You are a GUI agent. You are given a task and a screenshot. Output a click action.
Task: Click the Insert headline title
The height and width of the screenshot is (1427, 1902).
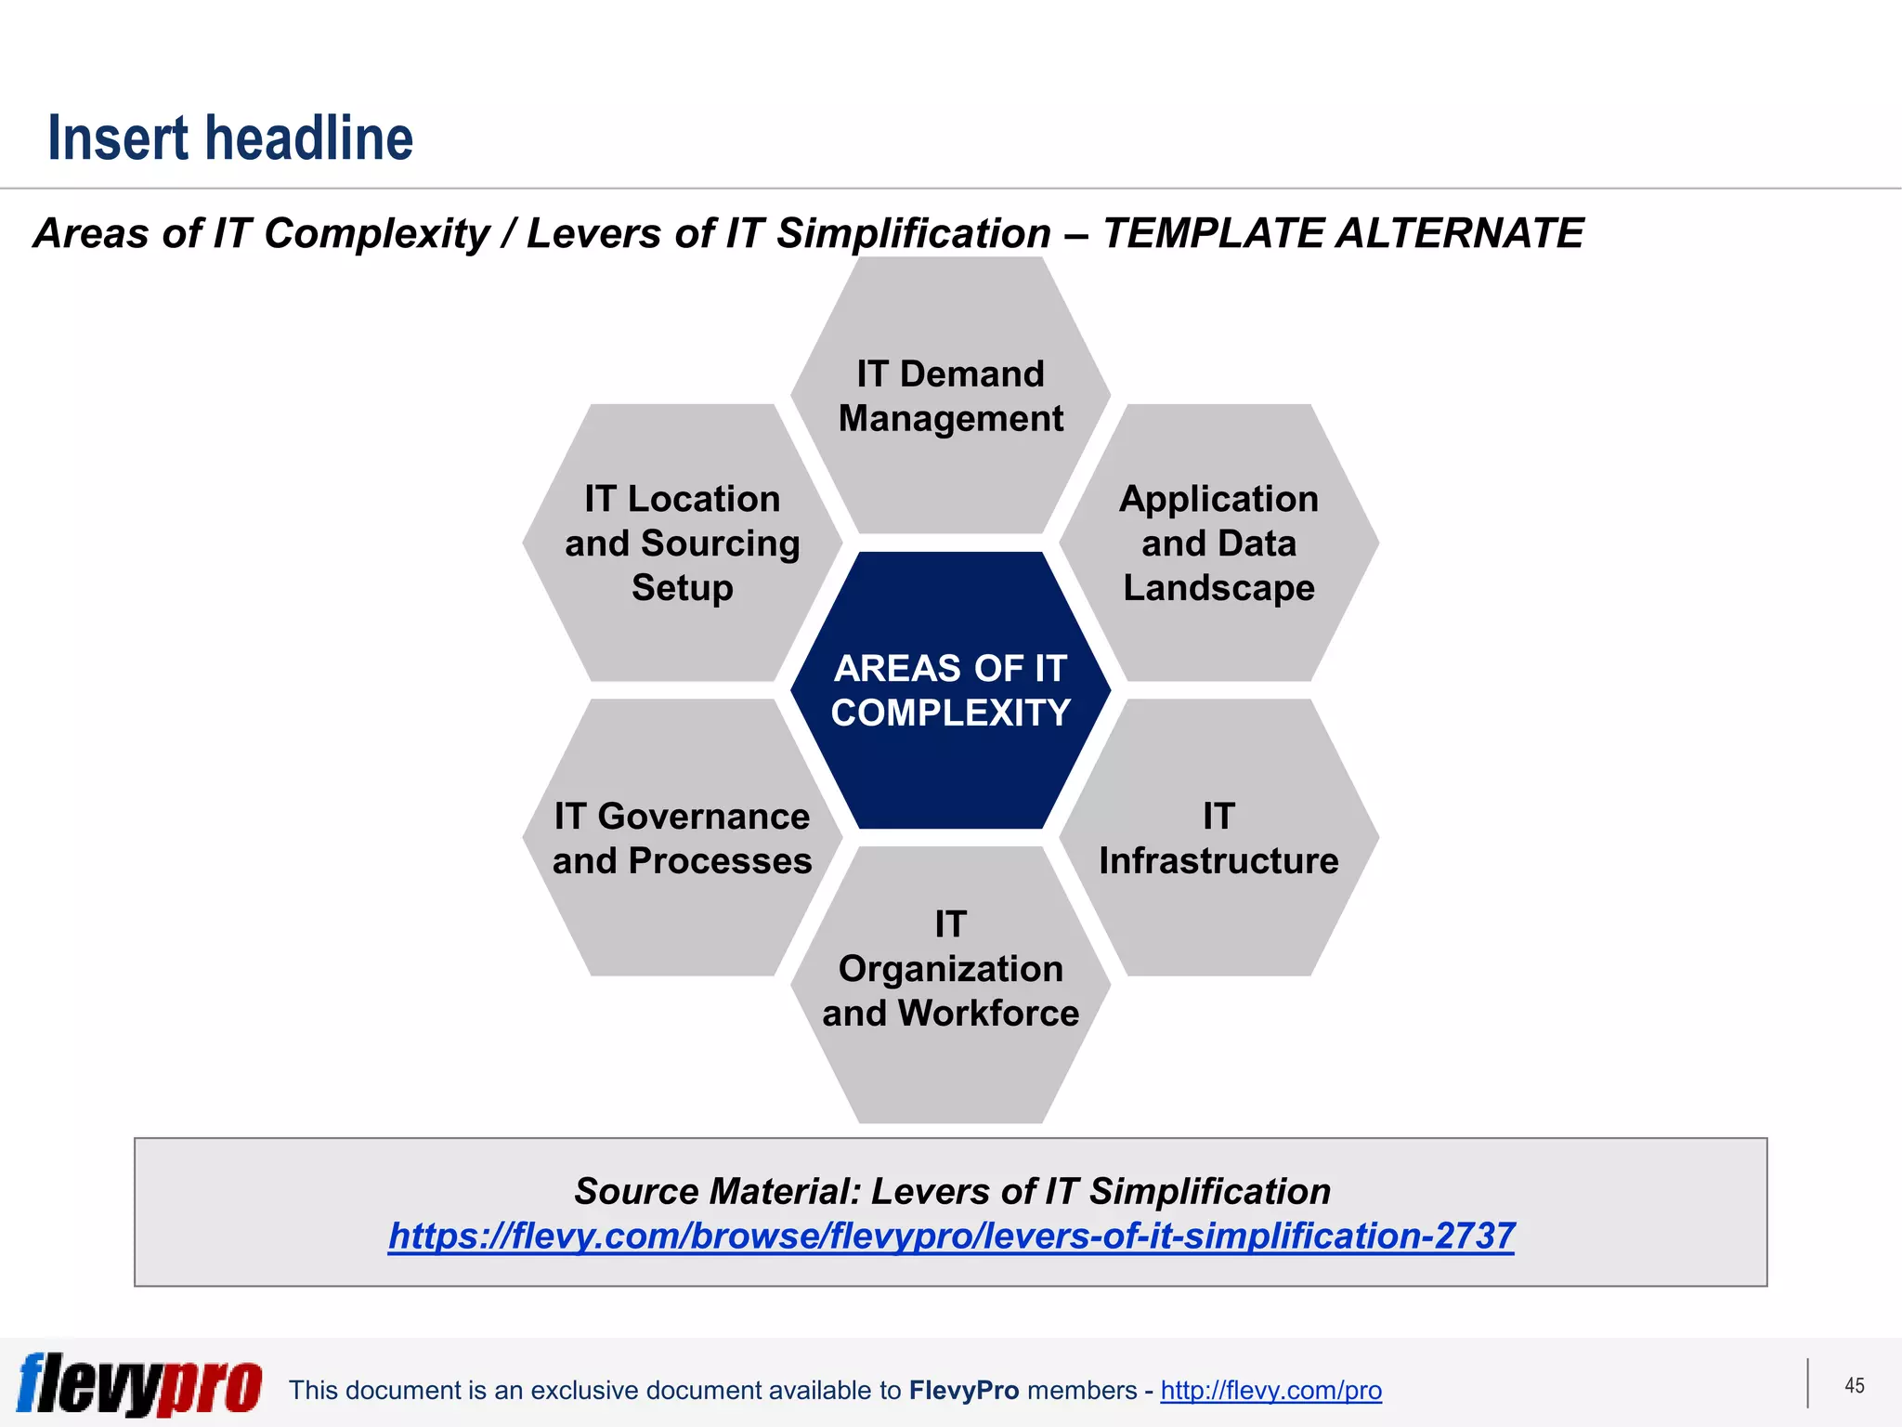230,138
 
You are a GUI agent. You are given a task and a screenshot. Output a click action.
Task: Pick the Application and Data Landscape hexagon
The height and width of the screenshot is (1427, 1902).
1218,543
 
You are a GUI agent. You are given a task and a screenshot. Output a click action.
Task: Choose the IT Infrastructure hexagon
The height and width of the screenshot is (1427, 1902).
1218,839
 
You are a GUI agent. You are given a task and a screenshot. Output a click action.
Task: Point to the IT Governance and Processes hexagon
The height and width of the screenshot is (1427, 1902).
682,839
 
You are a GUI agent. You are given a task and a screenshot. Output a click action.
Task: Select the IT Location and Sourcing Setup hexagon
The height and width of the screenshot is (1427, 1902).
682,543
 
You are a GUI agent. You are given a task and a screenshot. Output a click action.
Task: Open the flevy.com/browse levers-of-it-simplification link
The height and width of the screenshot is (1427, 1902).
950,1237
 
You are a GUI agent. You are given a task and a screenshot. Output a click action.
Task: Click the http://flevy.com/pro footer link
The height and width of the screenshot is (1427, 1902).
1270,1391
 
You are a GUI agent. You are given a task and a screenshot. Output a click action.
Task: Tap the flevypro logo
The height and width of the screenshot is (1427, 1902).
139,1385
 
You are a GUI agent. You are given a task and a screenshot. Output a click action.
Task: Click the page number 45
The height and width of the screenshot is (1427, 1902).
1854,1386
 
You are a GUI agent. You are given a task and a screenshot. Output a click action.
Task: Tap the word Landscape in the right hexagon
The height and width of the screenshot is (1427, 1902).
1218,588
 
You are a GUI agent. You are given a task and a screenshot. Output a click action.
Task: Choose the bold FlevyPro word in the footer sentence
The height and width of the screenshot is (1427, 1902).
963,1391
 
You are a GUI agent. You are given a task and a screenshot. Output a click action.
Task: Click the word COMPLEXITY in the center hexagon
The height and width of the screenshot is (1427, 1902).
950,713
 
